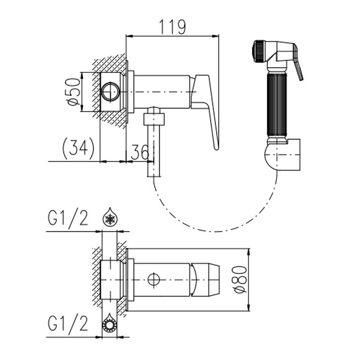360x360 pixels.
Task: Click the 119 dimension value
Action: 172,27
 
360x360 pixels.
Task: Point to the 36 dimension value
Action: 139,152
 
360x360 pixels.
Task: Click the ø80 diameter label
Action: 241,279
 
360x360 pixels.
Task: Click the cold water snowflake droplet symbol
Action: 110,216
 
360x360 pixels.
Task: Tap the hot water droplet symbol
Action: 109,323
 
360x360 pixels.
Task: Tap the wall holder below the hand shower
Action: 283,154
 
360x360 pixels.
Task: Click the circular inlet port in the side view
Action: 111,92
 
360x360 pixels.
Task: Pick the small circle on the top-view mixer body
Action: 154,279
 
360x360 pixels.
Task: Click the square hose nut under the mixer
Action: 154,119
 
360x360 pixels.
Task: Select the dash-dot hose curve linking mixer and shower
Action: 215,231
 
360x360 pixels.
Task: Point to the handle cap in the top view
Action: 206,280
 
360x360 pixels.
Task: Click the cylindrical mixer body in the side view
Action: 162,92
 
